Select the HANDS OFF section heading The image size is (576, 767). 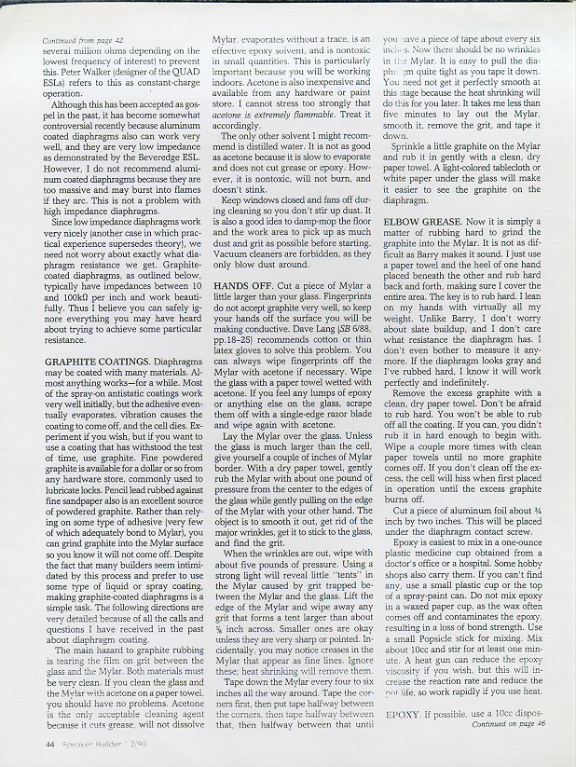(x=241, y=283)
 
